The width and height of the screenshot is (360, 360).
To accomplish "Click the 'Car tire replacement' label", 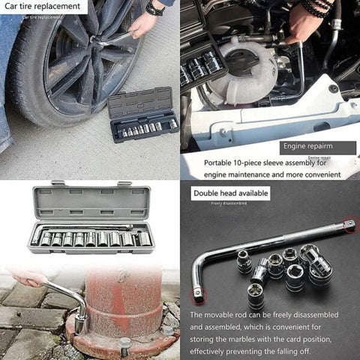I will pos(43,7).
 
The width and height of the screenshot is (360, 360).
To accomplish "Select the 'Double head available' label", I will pos(231,193).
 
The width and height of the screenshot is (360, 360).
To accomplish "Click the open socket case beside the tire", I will pos(142,117).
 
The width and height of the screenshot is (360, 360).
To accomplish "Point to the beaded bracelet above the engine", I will pos(316,8).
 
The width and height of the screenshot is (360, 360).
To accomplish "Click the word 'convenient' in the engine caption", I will pos(316,174).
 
